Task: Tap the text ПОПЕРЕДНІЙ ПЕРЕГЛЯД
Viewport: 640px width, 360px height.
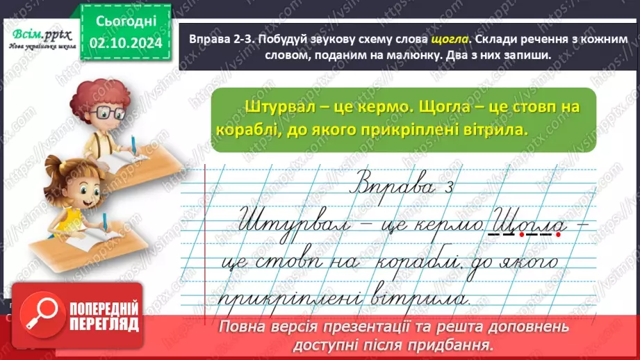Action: click(x=100, y=317)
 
